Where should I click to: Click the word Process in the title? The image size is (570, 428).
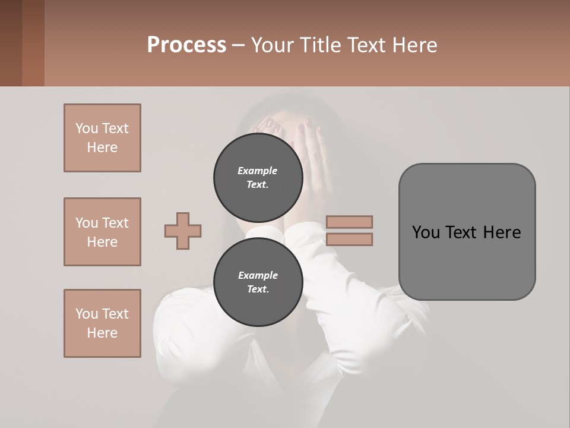coord(186,45)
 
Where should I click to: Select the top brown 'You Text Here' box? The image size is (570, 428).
coord(102,138)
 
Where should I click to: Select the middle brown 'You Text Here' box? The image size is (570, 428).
coord(102,232)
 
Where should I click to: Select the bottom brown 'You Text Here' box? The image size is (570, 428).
coord(102,323)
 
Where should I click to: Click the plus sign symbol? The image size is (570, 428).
coord(183,231)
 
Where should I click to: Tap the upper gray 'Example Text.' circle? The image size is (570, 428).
coord(258,178)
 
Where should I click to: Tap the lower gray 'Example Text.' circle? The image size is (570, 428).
coord(258,282)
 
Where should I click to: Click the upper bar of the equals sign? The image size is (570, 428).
coord(349,222)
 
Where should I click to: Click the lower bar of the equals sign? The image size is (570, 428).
coord(349,239)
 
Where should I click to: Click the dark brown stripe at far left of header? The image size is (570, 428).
coord(11,43)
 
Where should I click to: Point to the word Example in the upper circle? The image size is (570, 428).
coord(258,171)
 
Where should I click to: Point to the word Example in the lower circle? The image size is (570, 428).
coord(258,275)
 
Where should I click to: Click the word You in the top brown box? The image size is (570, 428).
coord(87,128)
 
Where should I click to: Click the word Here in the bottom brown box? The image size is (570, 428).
coord(102,333)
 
